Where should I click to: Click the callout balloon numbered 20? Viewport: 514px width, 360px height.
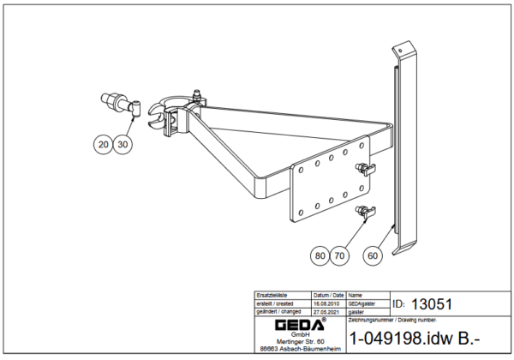coord(104,146)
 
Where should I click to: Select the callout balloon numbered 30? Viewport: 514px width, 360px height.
coord(123,146)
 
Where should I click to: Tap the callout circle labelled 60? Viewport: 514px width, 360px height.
coord(373,255)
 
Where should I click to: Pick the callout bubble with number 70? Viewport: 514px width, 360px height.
coord(339,255)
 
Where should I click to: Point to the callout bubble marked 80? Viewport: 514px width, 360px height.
coord(320,255)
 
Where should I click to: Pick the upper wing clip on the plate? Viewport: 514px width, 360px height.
coord(366,168)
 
